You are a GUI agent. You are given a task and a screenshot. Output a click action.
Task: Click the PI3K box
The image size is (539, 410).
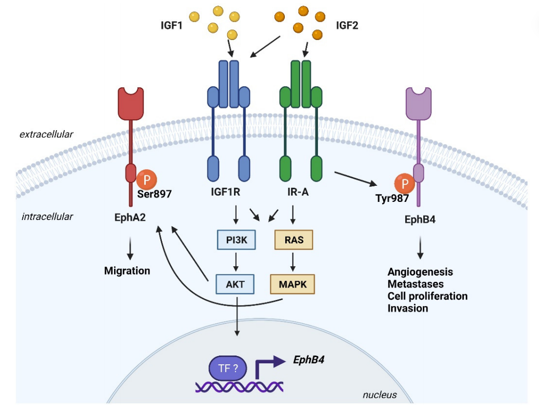[x=237, y=240]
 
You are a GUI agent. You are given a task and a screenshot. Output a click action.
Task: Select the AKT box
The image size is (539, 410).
[x=235, y=284]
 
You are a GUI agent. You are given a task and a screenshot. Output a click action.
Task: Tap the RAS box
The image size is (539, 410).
[x=294, y=240]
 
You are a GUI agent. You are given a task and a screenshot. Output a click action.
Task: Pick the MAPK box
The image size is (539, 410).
[x=293, y=284]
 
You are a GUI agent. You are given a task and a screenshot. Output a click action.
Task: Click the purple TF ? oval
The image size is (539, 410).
[x=228, y=368]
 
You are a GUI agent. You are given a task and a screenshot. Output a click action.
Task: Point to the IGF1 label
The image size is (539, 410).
[x=172, y=25]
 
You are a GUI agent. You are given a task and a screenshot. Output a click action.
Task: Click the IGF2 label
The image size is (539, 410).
[x=347, y=25]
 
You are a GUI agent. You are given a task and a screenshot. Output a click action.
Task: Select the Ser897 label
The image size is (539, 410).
[x=155, y=194]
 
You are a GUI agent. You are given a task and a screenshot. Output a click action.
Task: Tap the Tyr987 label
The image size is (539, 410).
[x=392, y=198]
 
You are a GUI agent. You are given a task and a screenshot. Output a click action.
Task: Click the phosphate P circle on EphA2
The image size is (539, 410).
[x=147, y=180]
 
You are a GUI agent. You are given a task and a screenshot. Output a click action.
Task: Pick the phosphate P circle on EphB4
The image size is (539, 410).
[x=405, y=184]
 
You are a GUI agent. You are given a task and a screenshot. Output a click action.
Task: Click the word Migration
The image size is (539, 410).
[x=127, y=271]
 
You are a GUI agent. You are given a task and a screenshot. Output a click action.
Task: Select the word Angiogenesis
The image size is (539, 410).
[x=420, y=272]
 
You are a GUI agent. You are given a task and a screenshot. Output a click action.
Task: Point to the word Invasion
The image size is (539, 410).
[x=408, y=308]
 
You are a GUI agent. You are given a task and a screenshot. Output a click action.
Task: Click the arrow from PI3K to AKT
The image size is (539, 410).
[x=236, y=262]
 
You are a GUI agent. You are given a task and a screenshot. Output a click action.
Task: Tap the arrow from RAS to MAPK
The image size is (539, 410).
[x=293, y=262]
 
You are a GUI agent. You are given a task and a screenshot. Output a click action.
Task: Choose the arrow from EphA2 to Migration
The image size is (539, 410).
[x=130, y=248]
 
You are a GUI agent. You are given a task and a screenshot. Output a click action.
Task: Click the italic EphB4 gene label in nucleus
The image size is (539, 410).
[x=309, y=360]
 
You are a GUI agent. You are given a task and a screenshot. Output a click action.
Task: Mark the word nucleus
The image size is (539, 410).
[x=380, y=395]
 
